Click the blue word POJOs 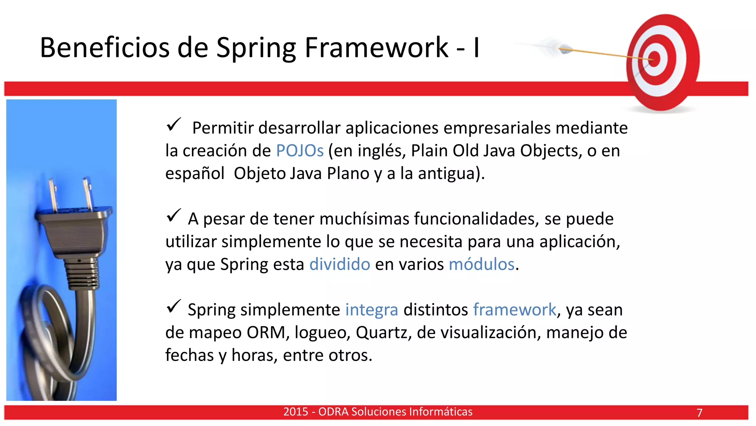(300, 151)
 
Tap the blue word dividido (340, 264)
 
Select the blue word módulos (481, 264)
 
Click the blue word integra (371, 310)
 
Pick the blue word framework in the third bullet (515, 310)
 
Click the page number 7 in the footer (699, 413)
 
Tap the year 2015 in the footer (296, 412)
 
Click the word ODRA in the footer (333, 412)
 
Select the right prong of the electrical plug (88, 194)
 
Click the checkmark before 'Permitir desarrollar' (173, 125)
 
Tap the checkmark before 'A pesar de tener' (173, 216)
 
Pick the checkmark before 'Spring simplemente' (173, 307)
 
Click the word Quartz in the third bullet (383, 332)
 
